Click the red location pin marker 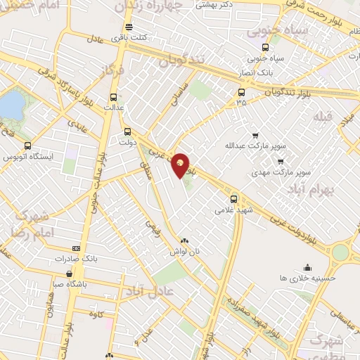pyautogui.click(x=181, y=165)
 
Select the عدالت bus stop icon pyautogui.click(x=112, y=98)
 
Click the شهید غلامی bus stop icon pyautogui.click(x=234, y=198)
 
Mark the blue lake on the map pyautogui.click(x=11, y=106)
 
